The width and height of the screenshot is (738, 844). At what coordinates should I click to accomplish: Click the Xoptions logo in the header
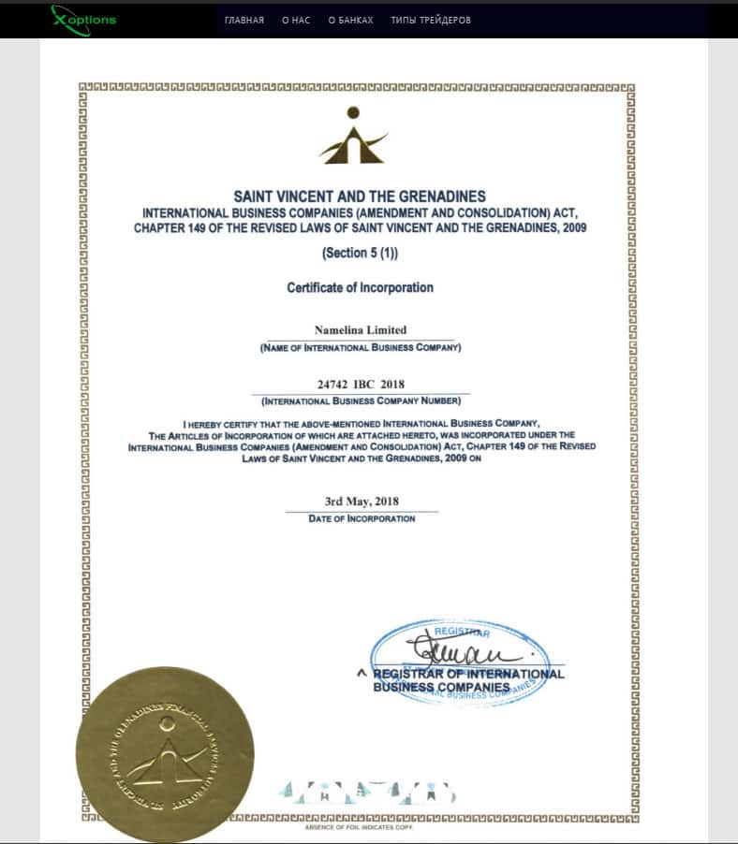coord(83,18)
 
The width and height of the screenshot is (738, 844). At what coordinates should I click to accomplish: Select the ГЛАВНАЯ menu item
coord(244,20)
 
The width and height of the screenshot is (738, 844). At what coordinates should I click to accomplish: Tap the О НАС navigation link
coord(296,20)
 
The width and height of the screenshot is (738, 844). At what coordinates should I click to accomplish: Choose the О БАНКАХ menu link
coord(350,20)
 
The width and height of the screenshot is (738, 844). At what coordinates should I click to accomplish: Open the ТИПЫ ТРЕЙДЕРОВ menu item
coord(431,20)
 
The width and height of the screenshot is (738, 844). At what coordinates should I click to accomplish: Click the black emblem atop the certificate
coord(353,136)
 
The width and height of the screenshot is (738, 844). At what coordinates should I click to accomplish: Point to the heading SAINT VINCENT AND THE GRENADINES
coord(360,196)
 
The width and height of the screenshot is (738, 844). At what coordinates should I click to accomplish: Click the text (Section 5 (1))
coord(360,253)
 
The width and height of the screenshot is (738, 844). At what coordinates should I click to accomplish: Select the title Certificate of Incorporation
coord(360,287)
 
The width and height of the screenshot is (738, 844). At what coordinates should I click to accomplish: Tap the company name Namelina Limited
coord(361,330)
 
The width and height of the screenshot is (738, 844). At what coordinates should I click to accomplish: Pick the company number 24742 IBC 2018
coord(361,385)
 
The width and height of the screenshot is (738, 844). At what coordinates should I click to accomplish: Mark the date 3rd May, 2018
coord(362,502)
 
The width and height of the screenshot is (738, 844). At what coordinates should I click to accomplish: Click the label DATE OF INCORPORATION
coord(362,518)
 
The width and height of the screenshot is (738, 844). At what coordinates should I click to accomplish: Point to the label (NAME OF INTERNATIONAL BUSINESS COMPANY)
coord(361,348)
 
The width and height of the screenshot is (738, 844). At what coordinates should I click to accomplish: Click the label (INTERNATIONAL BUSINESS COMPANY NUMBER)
coord(361,401)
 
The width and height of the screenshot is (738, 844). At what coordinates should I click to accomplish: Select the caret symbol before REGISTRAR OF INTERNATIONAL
coord(361,672)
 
